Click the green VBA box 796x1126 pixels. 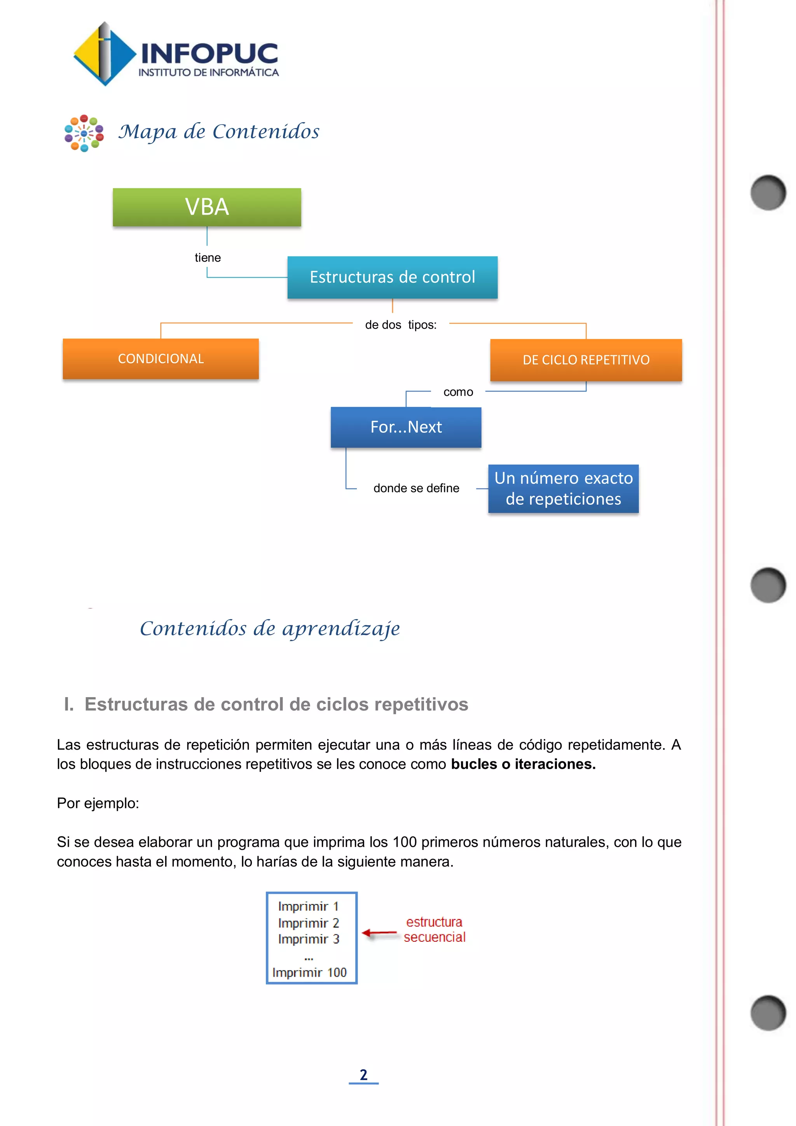click(207, 207)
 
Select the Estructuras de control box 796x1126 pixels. click(392, 277)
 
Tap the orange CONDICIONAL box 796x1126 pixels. click(161, 358)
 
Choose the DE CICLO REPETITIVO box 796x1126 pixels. click(586, 360)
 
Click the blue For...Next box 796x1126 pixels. click(406, 427)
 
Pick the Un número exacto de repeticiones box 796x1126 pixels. click(563, 488)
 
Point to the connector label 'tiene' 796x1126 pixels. click(208, 257)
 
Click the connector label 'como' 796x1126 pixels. click(458, 392)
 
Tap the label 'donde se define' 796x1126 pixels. click(416, 488)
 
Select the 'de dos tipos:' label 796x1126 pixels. click(400, 325)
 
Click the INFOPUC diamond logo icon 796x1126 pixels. click(104, 54)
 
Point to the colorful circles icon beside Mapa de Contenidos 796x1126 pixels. click(84, 133)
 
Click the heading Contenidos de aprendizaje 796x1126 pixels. click(270, 629)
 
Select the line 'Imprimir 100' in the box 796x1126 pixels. click(309, 972)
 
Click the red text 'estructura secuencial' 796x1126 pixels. click(434, 929)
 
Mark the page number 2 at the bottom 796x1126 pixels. click(364, 1075)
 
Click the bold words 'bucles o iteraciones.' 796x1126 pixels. click(523, 764)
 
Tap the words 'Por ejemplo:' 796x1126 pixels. click(98, 803)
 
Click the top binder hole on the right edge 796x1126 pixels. click(768, 192)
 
